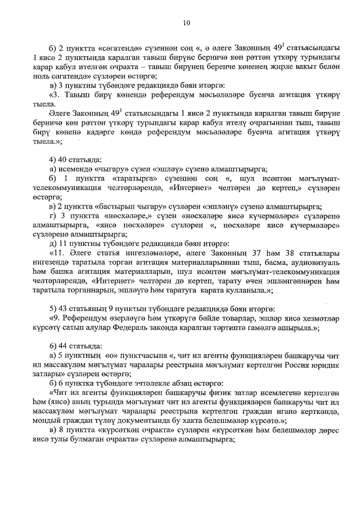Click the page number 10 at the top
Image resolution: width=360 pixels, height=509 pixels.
[x=187, y=22]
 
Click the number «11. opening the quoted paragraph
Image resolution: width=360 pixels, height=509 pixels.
[x=58, y=253]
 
